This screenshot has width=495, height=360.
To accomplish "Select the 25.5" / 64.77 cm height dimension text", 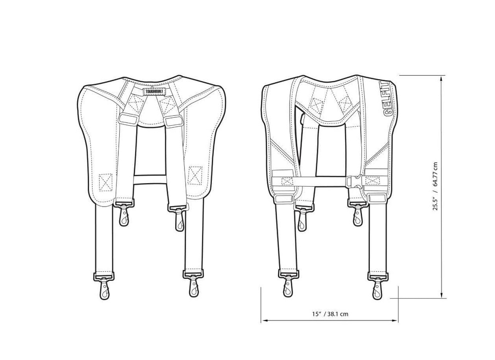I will click(435, 186).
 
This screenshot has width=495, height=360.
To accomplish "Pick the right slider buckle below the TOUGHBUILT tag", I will click(173, 120).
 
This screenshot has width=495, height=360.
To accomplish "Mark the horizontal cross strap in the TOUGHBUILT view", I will click(151, 177).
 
